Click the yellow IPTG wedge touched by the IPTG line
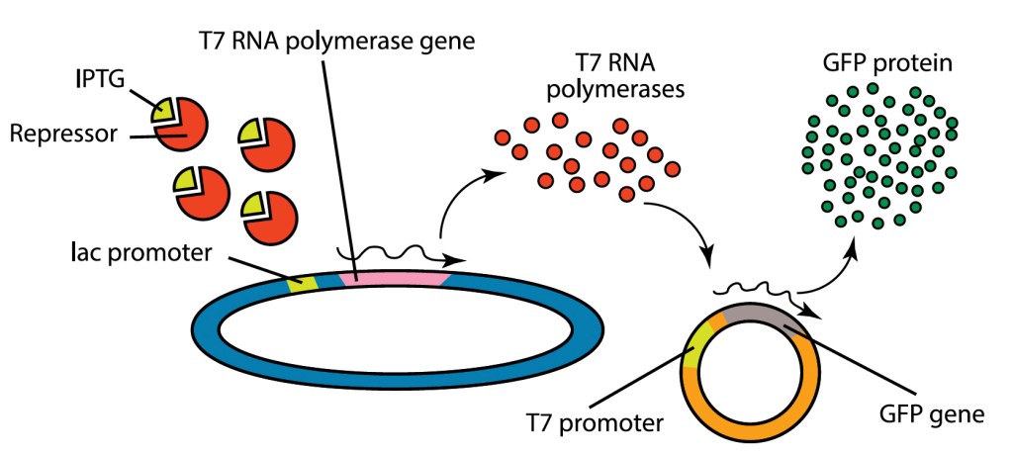coord(161,111)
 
